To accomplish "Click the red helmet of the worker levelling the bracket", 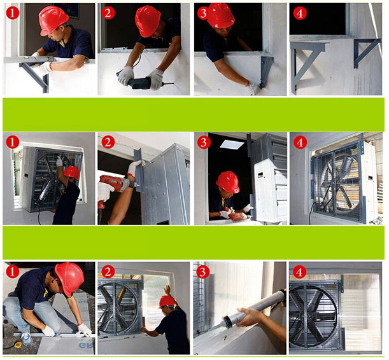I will (53, 20).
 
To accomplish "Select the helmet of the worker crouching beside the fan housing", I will (227, 182).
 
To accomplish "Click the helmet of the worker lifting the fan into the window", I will (71, 172).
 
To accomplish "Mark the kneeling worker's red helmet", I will (69, 278).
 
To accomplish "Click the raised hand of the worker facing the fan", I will (167, 290).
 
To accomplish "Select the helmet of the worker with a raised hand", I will (167, 301).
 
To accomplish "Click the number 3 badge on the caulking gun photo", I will (204, 272).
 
